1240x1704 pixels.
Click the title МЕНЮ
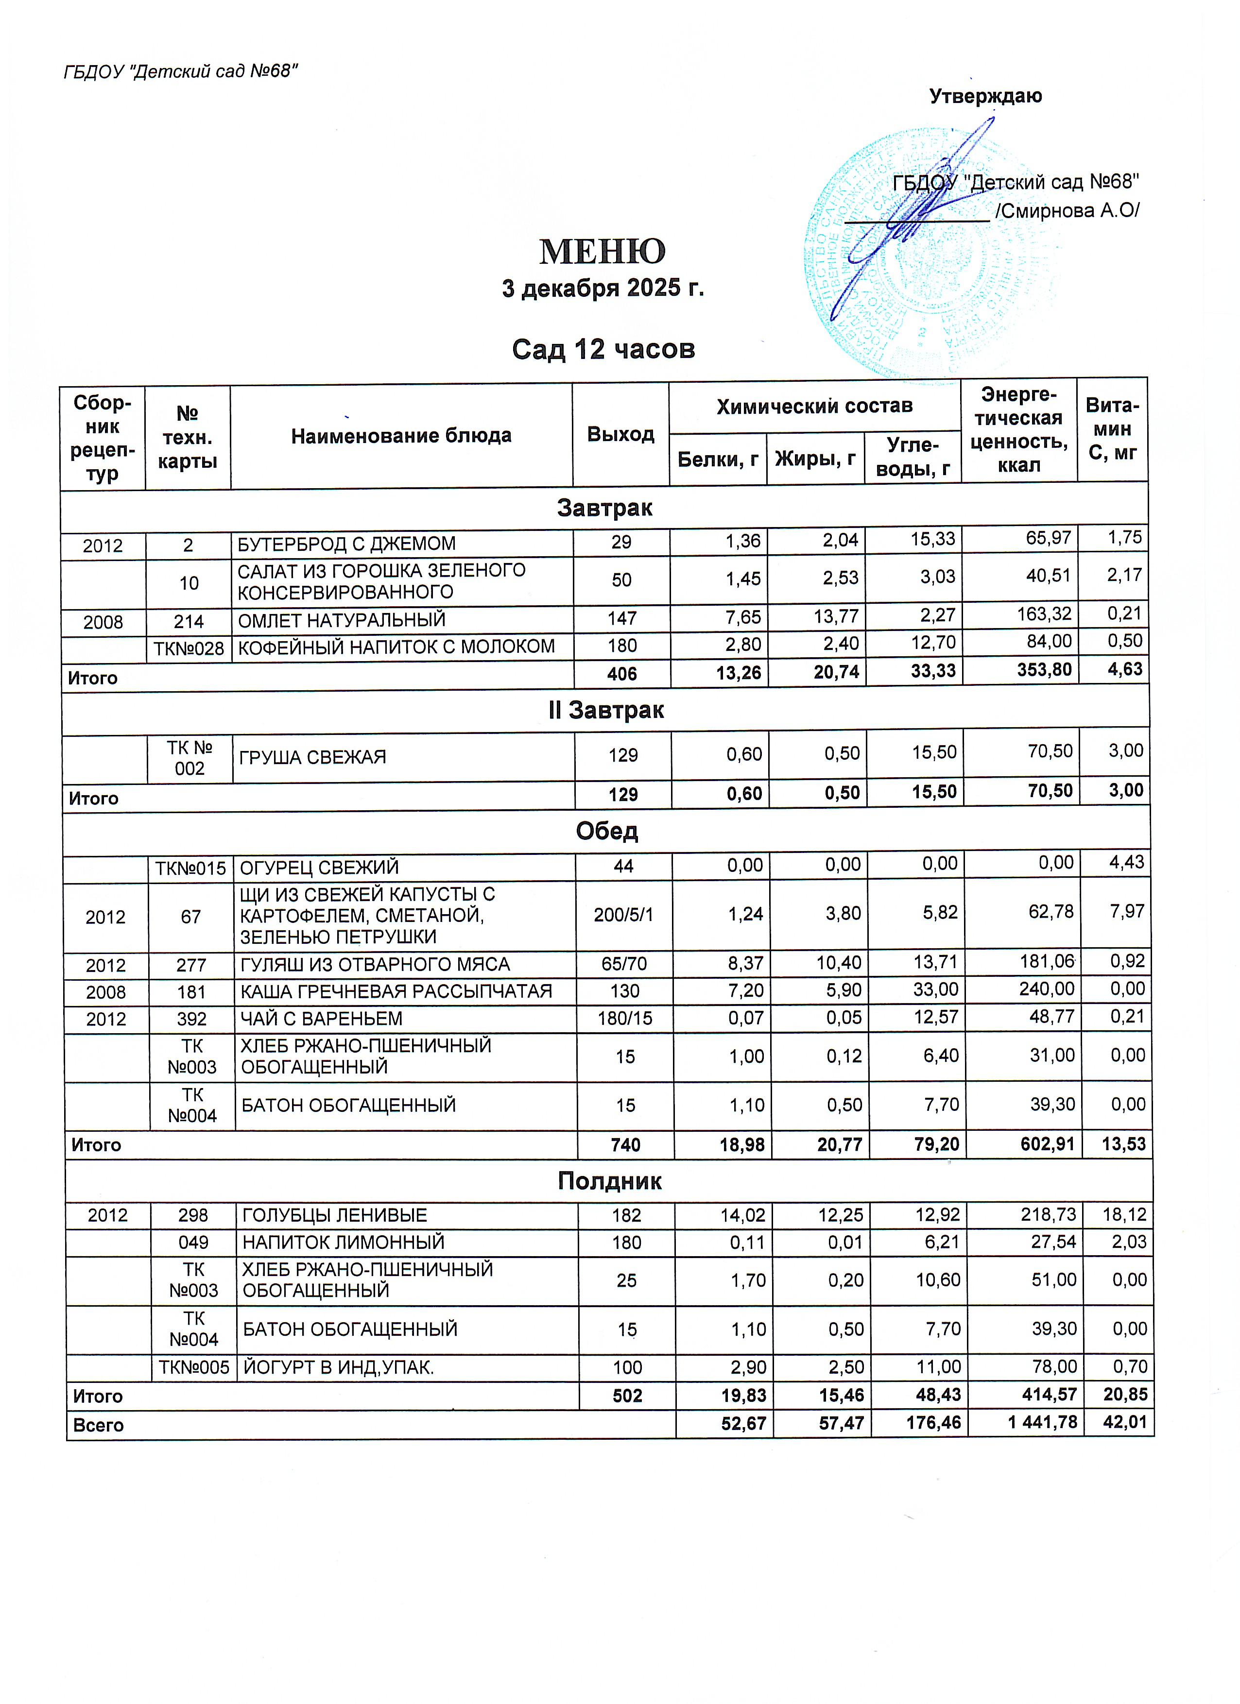[x=602, y=252]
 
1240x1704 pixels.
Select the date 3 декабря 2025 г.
[x=603, y=289]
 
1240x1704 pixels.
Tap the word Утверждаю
[x=985, y=96]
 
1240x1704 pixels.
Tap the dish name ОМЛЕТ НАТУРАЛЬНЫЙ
[x=342, y=620]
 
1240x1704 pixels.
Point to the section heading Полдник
[x=609, y=1181]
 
